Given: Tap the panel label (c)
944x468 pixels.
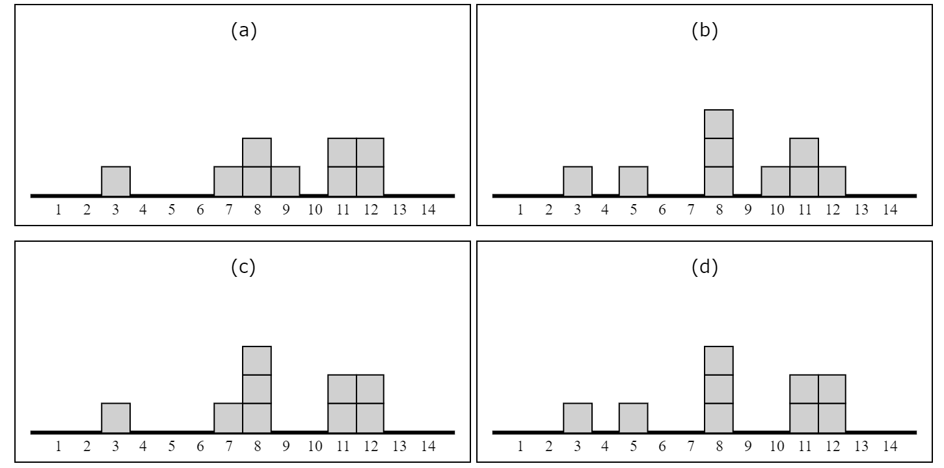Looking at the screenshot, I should [244, 268].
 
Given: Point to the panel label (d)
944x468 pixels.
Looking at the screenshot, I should [706, 268].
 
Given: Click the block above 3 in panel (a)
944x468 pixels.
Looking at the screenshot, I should [116, 181].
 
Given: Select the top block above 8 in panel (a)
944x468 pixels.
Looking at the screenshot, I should [257, 152].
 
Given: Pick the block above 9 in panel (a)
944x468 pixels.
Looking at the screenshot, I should [286, 181].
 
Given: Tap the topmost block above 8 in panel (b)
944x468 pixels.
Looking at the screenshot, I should [719, 124].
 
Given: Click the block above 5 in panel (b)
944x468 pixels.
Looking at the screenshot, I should [633, 181].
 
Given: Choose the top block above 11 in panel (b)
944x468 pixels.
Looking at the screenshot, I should [804, 152].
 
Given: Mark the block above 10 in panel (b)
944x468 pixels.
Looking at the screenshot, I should [775, 181].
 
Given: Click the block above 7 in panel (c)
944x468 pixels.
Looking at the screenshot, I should [228, 417].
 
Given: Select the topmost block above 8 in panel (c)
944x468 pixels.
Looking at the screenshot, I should [257, 361].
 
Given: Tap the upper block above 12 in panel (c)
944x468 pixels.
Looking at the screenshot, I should [370, 389].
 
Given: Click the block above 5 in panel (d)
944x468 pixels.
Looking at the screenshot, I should [633, 417].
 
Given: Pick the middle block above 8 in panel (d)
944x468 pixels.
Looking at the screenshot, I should [719, 389].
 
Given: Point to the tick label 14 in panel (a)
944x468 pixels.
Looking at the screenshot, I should [427, 211].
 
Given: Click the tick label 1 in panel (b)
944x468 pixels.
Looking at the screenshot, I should [520, 211].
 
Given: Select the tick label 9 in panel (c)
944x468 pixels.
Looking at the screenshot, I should [286, 447].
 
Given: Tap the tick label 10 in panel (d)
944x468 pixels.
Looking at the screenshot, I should [775, 447].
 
